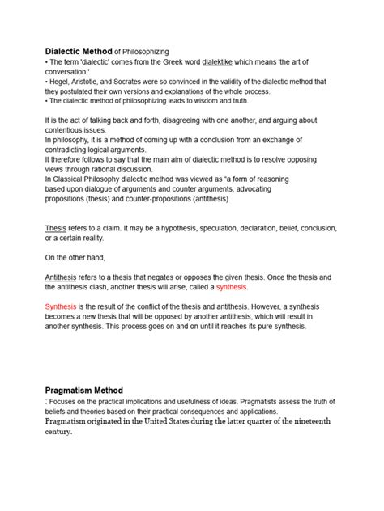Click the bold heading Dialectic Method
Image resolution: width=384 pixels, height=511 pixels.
78,51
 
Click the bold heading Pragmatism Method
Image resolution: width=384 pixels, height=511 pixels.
83,390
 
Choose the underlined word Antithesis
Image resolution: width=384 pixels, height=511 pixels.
64,277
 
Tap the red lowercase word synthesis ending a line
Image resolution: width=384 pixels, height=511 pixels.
228,287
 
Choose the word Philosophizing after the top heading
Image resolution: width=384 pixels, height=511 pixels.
142,52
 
